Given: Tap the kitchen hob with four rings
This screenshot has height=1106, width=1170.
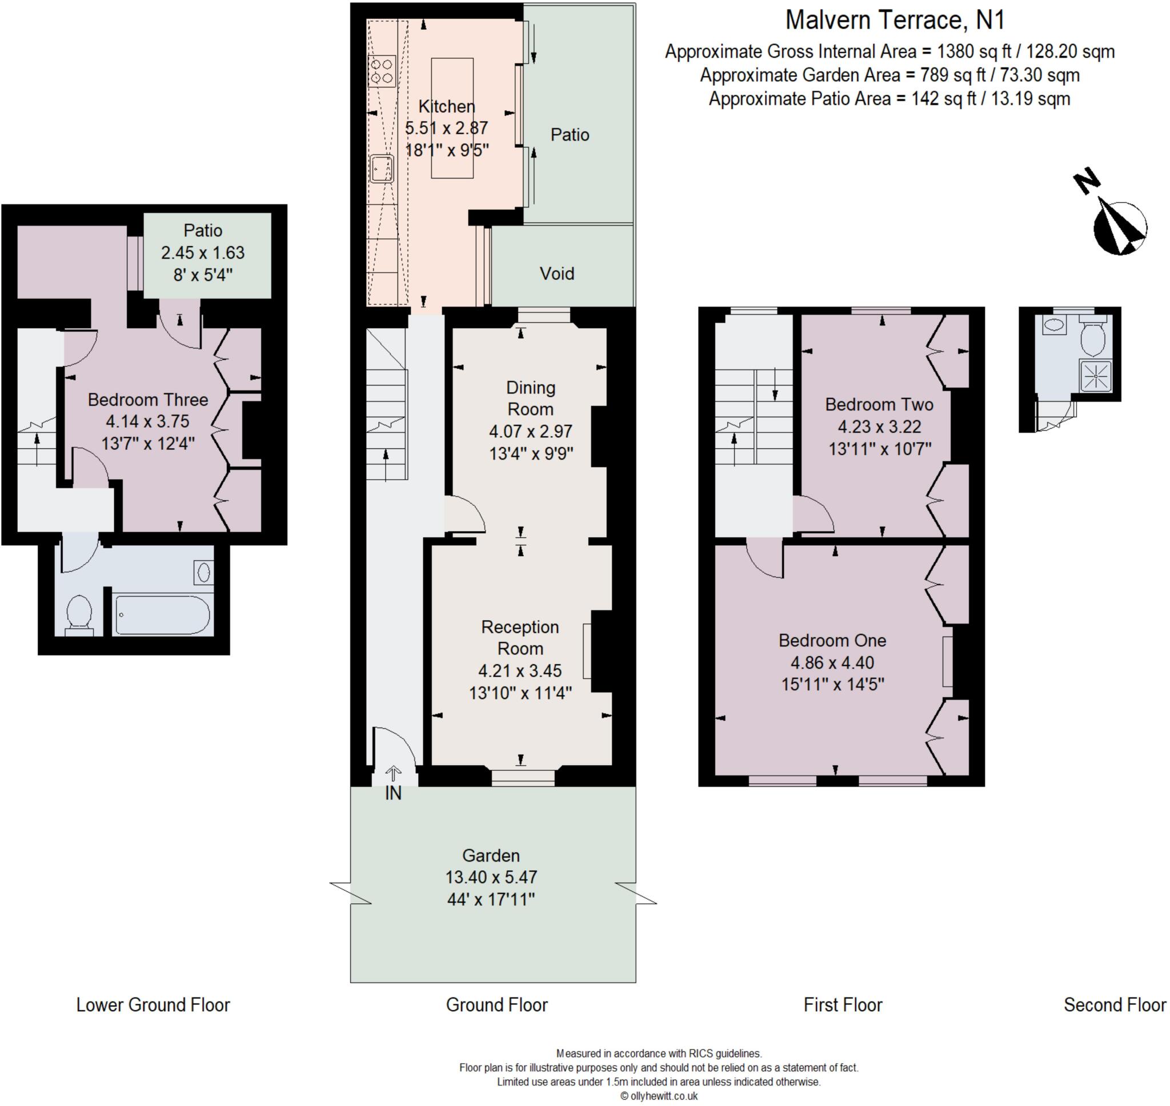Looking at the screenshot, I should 382,71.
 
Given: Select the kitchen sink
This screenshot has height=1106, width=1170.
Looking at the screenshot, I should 382,169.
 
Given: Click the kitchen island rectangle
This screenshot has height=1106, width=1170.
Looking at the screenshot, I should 452,118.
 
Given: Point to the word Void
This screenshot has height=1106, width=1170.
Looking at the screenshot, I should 556,274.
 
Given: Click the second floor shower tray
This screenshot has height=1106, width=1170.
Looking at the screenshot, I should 1096,376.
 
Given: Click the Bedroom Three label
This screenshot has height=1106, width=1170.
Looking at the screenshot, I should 147,400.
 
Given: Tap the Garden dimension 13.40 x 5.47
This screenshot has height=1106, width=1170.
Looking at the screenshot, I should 491,876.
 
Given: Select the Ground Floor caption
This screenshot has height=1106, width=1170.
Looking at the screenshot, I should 496,1004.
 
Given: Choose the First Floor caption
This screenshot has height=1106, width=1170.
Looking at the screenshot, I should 842,1004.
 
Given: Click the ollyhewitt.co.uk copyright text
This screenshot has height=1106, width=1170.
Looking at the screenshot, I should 659,1096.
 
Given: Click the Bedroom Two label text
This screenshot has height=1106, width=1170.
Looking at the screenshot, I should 879,404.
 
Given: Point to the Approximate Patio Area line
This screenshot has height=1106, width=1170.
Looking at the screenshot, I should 889,98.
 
